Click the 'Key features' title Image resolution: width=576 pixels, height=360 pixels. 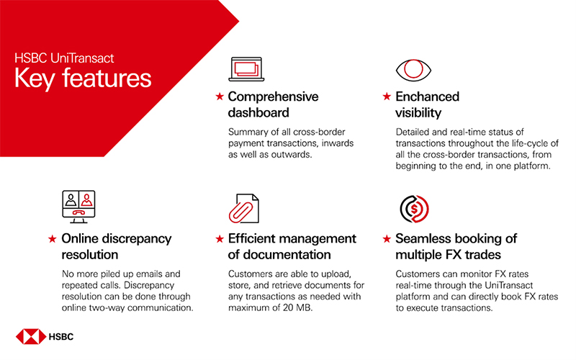pos(83,77)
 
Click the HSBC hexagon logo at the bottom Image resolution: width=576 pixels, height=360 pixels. pos(30,336)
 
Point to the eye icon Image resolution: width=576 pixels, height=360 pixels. pos(413,69)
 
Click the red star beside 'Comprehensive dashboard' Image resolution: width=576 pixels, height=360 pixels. pos(220,96)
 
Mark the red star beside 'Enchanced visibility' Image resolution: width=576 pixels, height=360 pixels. pos(388,96)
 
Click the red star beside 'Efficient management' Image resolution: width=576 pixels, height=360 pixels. pos(220,239)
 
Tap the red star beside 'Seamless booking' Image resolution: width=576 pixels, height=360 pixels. pos(388,239)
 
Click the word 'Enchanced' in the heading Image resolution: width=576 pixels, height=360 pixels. pos(427,96)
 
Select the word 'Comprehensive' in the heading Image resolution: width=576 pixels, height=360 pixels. pos(273,96)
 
